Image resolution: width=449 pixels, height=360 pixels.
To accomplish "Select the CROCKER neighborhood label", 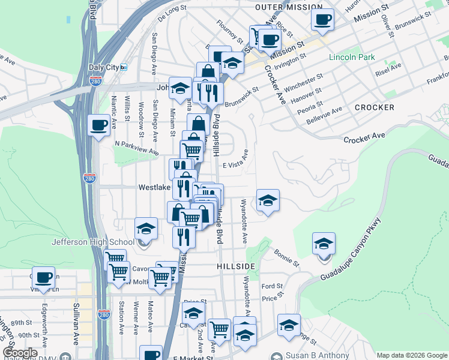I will coord(374,107).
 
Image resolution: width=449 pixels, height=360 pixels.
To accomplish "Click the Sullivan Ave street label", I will coord(76,324).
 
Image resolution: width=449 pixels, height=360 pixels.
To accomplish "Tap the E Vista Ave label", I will coord(235,165).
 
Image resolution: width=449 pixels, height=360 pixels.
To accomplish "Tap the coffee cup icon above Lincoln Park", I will coord(322,19).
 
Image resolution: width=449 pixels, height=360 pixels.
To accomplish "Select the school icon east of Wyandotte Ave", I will coord(268,200).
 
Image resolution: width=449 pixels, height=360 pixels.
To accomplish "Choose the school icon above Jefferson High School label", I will coord(145,228).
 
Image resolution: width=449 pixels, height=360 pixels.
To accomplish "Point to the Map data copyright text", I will coord(411,355).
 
